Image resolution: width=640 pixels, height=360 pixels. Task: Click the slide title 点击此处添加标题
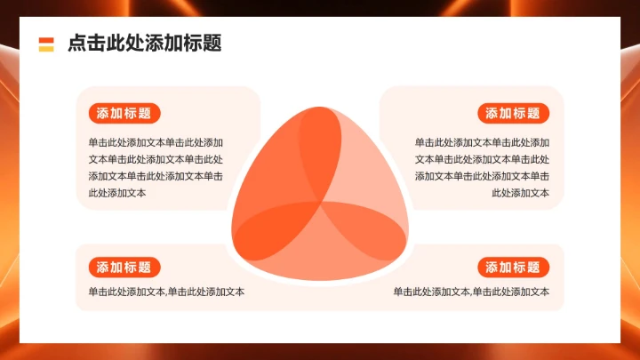click(144, 44)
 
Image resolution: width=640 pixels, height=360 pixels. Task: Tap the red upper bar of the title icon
click(46, 40)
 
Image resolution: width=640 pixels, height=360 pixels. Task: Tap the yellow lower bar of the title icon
click(46, 48)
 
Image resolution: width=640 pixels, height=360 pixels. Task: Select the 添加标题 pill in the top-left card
click(124, 113)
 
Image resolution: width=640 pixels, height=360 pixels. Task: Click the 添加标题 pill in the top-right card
click(513, 113)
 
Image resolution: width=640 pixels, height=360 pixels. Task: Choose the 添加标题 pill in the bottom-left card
click(124, 268)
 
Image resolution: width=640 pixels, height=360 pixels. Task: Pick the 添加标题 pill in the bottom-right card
click(513, 268)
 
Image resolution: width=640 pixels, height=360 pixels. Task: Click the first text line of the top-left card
click(156, 142)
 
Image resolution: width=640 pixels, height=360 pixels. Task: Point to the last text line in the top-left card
click(116, 193)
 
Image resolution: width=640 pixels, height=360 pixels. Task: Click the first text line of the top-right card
click(482, 142)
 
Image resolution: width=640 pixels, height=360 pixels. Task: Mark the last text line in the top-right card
click(520, 193)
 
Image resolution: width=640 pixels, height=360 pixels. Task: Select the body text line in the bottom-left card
click(166, 292)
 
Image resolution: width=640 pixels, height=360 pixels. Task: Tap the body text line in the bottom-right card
click(471, 292)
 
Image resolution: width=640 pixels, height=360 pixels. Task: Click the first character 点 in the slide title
click(76, 44)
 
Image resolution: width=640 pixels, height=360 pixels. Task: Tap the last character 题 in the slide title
click(212, 44)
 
